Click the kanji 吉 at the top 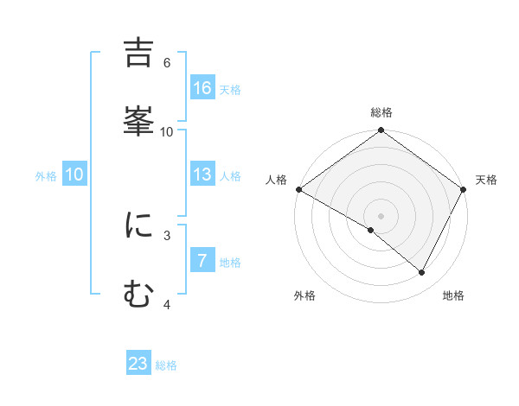click(x=139, y=54)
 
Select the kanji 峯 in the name click(x=139, y=122)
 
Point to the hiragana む click(x=139, y=295)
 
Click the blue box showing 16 click(x=202, y=88)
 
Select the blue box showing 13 click(x=202, y=174)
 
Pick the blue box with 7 click(x=202, y=261)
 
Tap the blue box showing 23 click(x=138, y=364)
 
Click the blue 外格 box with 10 click(x=74, y=174)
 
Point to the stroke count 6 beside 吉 click(x=166, y=63)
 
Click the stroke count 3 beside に click(x=166, y=234)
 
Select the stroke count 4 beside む click(x=166, y=304)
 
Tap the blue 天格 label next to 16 click(x=230, y=89)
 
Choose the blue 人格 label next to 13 click(x=230, y=175)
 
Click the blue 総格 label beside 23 click(x=166, y=365)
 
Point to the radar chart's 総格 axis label click(x=381, y=112)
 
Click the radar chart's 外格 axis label click(x=304, y=295)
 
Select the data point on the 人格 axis click(x=298, y=189)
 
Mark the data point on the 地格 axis click(x=422, y=273)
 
